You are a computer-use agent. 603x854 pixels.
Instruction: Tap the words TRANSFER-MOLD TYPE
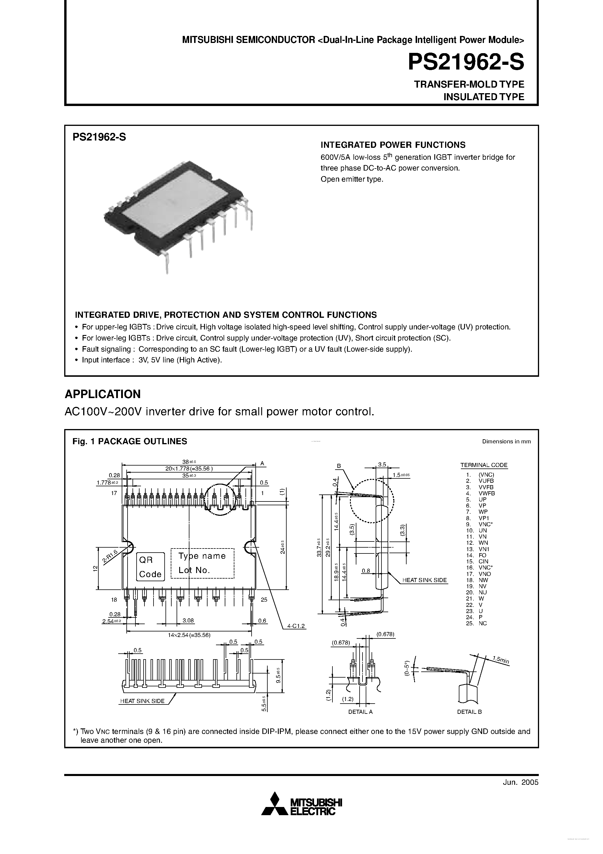(x=469, y=84)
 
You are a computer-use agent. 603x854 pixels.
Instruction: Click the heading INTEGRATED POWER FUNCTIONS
(x=393, y=145)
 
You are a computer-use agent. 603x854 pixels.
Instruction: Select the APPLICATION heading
(x=103, y=394)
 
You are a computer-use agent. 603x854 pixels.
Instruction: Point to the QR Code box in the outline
(x=150, y=567)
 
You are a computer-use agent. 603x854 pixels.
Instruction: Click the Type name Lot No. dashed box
(x=202, y=563)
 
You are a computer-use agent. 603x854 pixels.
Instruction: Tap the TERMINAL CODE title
(x=484, y=465)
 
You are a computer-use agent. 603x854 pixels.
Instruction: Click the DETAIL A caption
(x=360, y=711)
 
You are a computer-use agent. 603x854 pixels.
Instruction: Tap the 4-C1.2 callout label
(x=296, y=626)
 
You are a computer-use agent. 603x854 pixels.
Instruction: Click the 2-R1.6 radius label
(x=110, y=556)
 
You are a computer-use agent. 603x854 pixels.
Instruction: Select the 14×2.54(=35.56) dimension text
(x=189, y=635)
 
